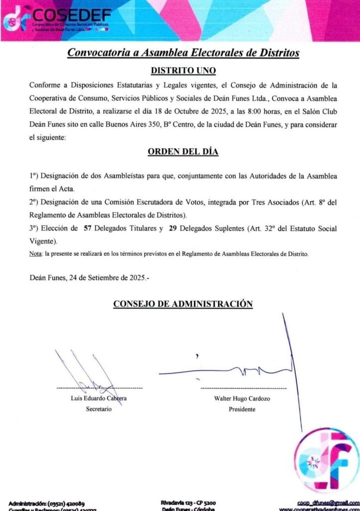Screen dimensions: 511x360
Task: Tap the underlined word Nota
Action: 36,254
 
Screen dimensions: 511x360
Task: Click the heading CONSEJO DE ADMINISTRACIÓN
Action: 183,303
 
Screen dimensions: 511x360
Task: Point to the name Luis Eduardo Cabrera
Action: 99,398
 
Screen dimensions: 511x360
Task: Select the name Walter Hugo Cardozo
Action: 242,398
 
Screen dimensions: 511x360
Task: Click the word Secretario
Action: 99,409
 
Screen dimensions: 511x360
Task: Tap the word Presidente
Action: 242,409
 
